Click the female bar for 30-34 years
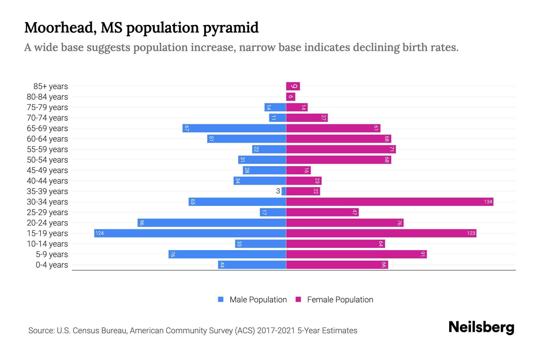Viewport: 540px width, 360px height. (x=389, y=202)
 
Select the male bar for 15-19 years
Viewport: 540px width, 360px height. (x=190, y=233)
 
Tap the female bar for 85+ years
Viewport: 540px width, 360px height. (x=293, y=86)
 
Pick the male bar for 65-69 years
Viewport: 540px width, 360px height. (x=234, y=128)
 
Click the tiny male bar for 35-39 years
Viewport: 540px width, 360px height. (x=284, y=191)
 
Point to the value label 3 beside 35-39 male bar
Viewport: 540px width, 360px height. (x=278, y=191)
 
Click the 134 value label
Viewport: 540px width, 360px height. (x=488, y=202)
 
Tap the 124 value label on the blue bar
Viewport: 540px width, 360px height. (x=100, y=233)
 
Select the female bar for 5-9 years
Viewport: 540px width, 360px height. (x=356, y=254)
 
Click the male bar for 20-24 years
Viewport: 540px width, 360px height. (x=212, y=223)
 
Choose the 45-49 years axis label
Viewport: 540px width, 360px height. (x=47, y=170)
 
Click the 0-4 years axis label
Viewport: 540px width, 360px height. (x=52, y=265)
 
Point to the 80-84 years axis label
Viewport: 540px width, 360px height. (x=47, y=97)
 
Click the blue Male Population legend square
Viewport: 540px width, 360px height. (x=221, y=299)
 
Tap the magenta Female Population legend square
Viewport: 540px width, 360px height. (x=298, y=299)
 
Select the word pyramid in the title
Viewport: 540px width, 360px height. (x=230, y=28)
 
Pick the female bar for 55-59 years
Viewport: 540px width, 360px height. (x=341, y=149)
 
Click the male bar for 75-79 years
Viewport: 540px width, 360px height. (x=275, y=107)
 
